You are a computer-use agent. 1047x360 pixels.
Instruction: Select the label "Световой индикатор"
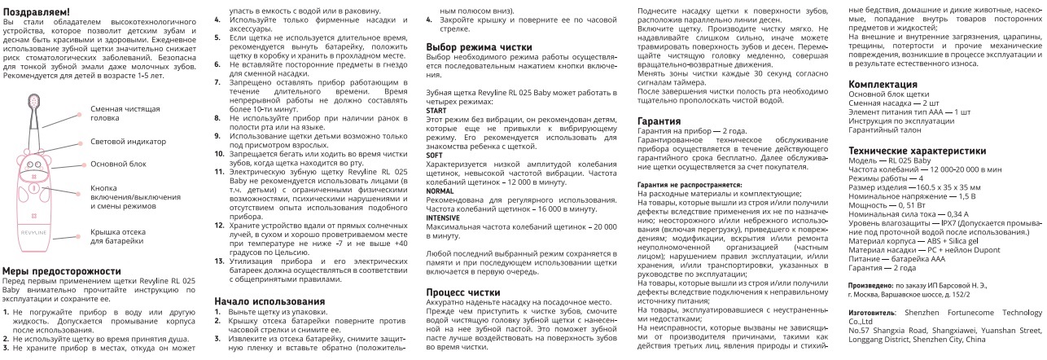tap(116, 141)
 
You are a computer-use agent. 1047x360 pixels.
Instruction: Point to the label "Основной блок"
tap(113, 164)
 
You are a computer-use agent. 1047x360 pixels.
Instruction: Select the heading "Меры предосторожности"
tap(57, 270)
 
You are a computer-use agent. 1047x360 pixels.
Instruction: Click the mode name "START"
tap(437, 110)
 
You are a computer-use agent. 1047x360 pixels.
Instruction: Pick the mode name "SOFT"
tap(436, 155)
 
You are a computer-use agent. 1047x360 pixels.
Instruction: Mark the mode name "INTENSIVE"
tap(445, 217)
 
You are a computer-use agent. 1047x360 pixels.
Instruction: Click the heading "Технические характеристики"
tap(917, 151)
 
